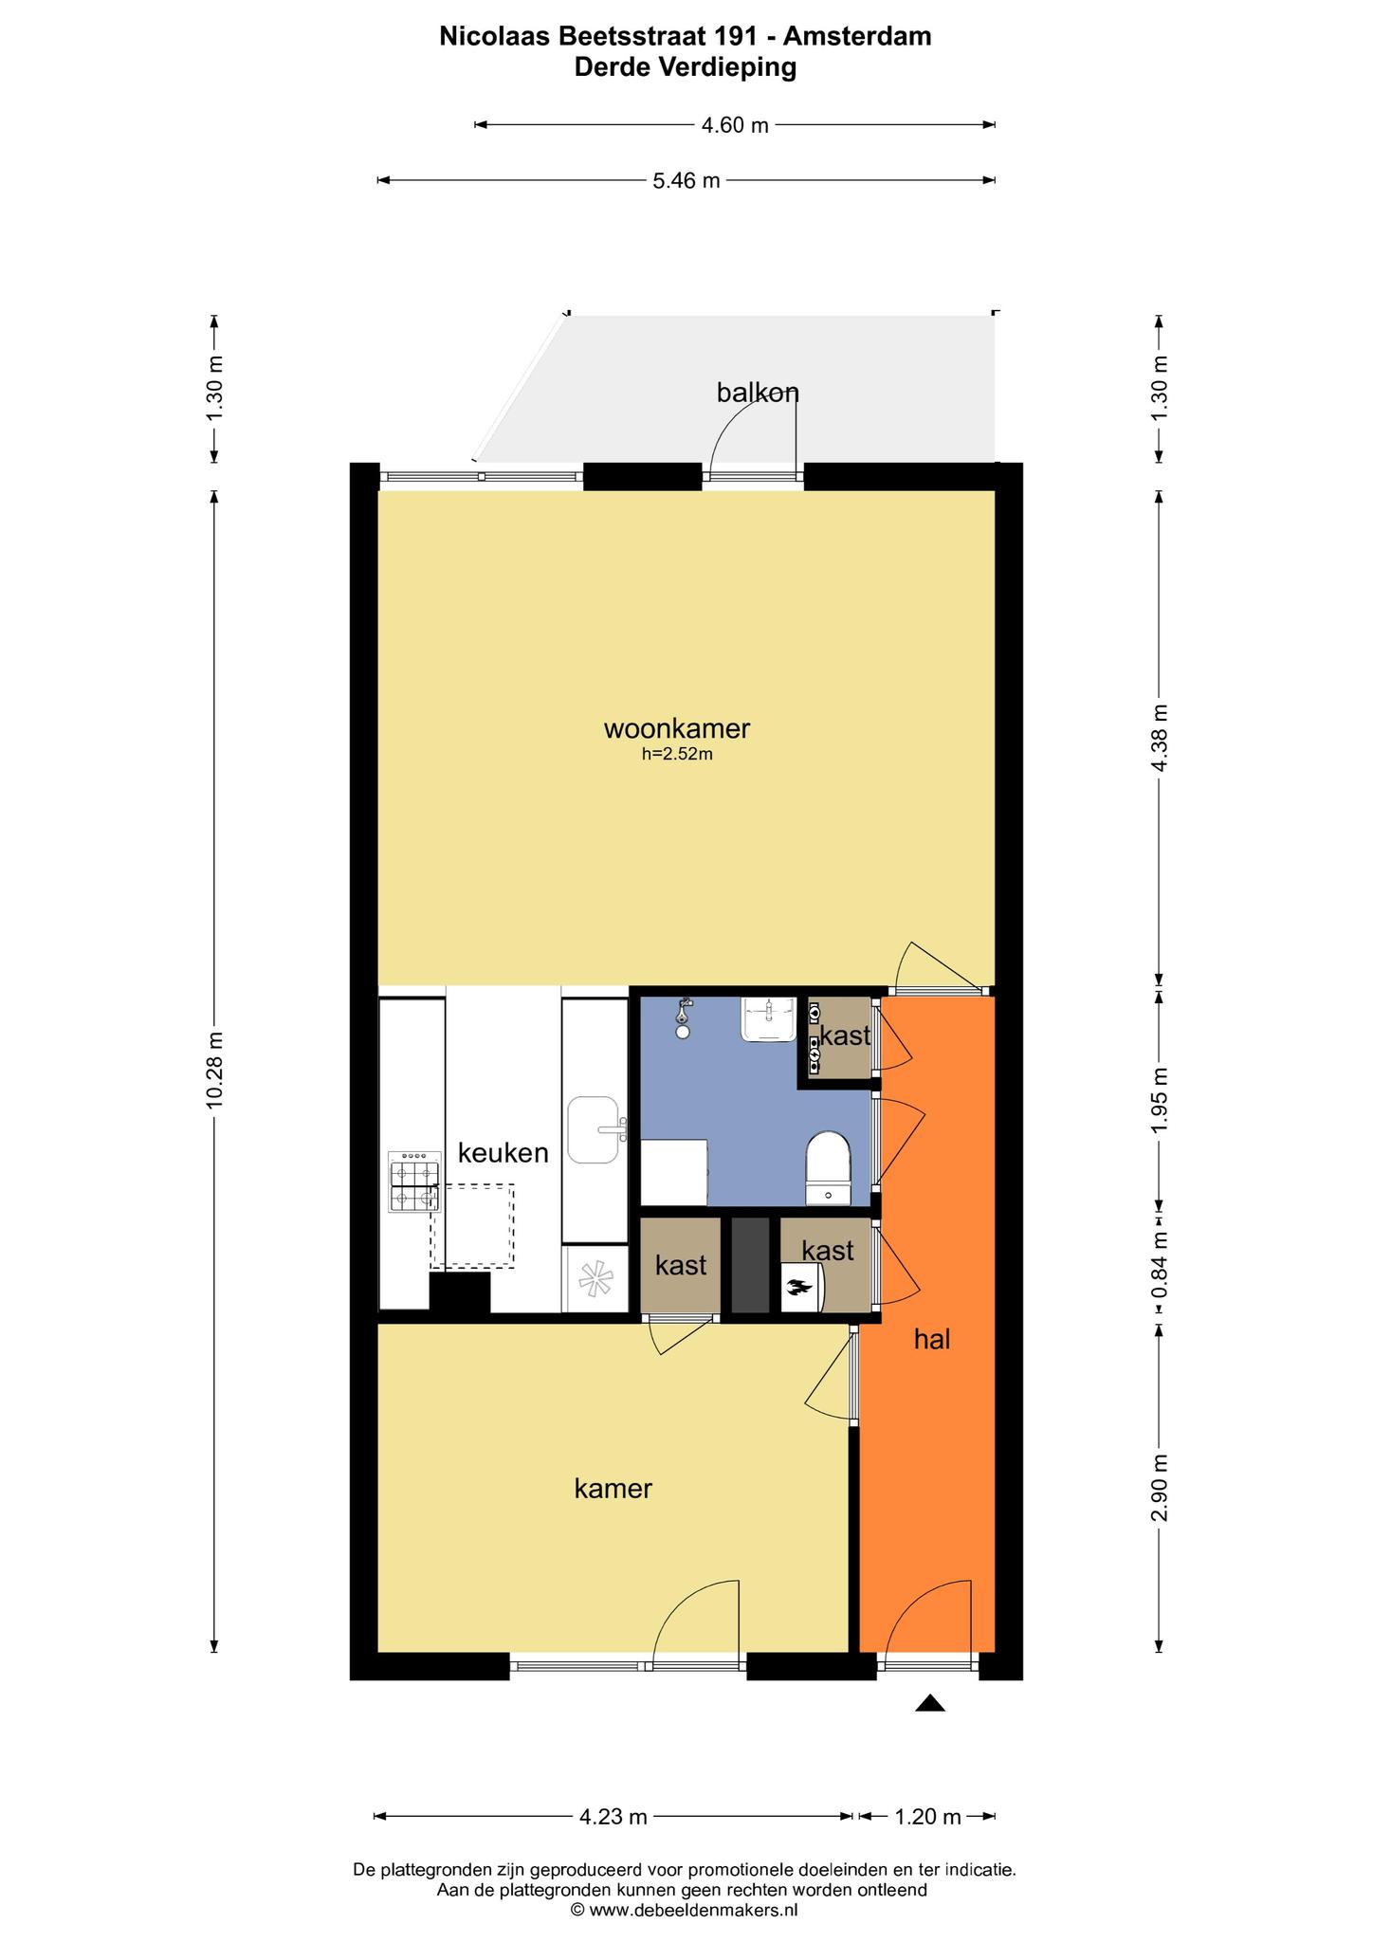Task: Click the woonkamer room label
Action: tap(677, 728)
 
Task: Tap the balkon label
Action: tap(758, 393)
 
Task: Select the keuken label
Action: tap(503, 1153)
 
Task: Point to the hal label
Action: tap(932, 1339)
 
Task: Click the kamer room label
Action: tap(613, 1489)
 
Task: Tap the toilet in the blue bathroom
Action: tap(829, 1168)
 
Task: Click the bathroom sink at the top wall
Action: tap(769, 1019)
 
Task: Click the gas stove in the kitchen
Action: tap(414, 1182)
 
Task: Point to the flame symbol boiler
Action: tap(801, 1288)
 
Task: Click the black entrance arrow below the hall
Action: tap(930, 1703)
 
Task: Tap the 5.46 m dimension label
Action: tap(686, 180)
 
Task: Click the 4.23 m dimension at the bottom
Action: tap(613, 1817)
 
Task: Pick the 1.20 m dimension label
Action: tap(927, 1817)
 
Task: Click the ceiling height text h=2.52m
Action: tap(677, 755)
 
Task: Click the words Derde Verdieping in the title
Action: tap(686, 67)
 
